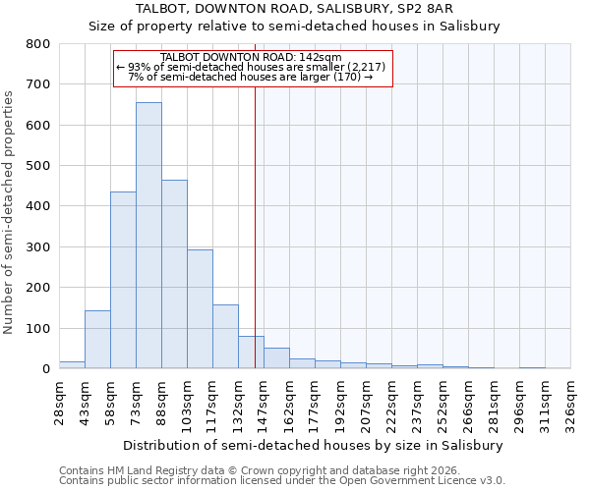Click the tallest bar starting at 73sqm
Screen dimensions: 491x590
[x=148, y=236]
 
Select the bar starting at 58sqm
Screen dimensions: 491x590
[x=123, y=280]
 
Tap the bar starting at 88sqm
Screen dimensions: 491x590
[x=174, y=274]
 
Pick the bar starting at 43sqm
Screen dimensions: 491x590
[x=97, y=340]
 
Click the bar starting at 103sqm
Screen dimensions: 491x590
[x=200, y=309]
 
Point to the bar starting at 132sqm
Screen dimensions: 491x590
[x=251, y=353]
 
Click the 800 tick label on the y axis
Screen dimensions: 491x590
[x=37, y=44]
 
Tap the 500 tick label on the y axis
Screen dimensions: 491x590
[x=37, y=166]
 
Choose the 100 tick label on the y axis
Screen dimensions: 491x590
[x=37, y=328]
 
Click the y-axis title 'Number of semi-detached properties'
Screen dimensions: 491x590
[x=10, y=207]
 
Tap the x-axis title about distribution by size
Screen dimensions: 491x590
[x=315, y=445]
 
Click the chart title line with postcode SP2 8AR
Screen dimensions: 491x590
[x=294, y=9]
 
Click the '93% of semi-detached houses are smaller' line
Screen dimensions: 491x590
[x=253, y=67]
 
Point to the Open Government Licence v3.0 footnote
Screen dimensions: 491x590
[x=282, y=480]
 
